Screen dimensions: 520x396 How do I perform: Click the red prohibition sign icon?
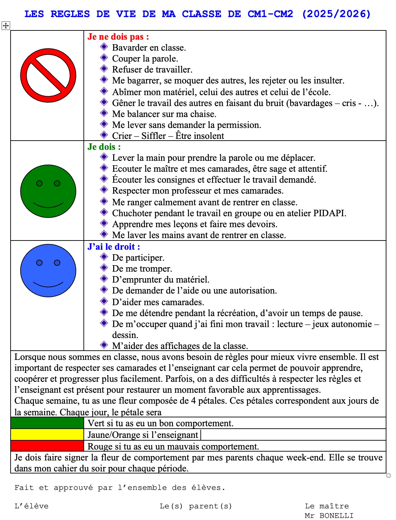click(48, 75)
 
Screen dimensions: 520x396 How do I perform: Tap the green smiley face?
click(48, 191)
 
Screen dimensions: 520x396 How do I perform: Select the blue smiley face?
click(48, 271)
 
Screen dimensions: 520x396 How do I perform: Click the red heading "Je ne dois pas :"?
click(118, 37)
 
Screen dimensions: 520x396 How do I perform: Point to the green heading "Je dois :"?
click(104, 147)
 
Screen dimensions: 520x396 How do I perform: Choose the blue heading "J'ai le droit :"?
click(114, 247)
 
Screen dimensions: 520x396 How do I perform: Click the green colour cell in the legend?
click(47, 423)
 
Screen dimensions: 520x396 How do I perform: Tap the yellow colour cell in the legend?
click(47, 434)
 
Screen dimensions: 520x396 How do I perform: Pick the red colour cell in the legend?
click(47, 446)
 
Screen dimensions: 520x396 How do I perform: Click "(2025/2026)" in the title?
click(336, 14)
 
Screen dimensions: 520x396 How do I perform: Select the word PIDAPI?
click(329, 213)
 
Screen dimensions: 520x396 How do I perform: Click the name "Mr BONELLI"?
click(329, 516)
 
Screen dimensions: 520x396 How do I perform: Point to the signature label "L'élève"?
click(31, 506)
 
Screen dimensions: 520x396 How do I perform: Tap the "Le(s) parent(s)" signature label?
click(196, 506)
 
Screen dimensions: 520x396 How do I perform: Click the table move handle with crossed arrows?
click(6, 25)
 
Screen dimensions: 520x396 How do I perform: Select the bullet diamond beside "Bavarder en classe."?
click(104, 47)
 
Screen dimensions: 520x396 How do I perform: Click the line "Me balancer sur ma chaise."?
click(164, 114)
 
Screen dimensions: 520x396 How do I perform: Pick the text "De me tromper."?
click(142, 269)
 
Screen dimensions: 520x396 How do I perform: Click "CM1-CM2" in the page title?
click(270, 14)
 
